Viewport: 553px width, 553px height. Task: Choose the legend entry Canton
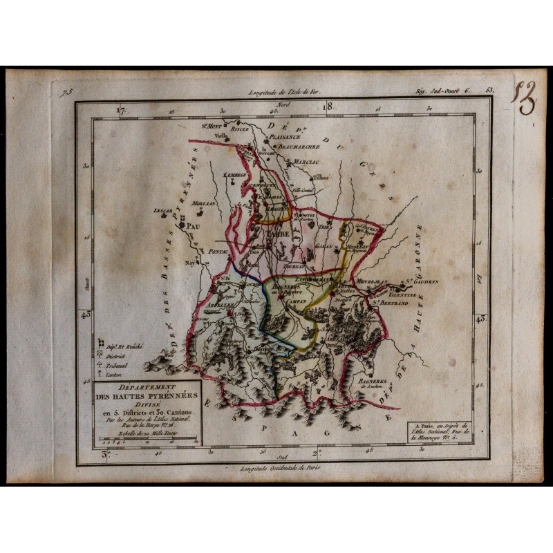tap(111, 374)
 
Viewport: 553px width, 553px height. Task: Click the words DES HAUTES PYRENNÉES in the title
tap(147, 397)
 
